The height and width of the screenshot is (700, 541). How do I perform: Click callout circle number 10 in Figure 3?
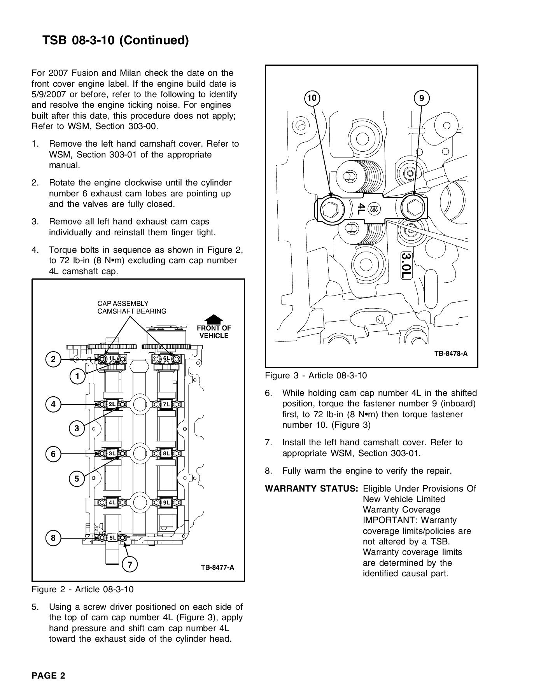pos(312,98)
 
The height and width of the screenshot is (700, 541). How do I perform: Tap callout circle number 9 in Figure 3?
pos(422,98)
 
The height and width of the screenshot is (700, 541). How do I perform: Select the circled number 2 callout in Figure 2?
pos(54,359)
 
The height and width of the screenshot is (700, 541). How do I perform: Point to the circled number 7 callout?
pos(130,565)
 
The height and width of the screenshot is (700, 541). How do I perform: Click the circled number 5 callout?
pos(77,479)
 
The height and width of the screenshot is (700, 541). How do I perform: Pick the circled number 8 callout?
pos(54,538)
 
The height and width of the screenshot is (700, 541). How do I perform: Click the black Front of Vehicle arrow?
pos(214,320)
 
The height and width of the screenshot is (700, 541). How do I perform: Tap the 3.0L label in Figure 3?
pos(406,265)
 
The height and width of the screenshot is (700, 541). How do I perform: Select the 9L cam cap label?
pos(166,502)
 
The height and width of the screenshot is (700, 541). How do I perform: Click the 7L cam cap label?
pos(166,404)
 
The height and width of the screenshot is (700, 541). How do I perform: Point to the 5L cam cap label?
pos(112,538)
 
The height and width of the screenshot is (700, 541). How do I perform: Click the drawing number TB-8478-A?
pos(451,354)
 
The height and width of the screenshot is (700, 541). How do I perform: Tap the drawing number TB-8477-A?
pos(217,567)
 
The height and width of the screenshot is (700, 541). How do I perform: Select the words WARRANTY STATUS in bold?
pos(312,489)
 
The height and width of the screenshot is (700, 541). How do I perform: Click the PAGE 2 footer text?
pos(49,675)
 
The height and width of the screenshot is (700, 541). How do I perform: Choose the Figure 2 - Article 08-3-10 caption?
pos(82,590)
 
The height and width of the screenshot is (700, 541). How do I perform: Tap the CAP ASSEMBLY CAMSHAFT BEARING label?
pos(131,307)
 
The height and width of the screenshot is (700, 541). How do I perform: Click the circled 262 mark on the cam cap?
pos(374,208)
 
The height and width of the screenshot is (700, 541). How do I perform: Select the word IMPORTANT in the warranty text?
pos(390,520)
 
